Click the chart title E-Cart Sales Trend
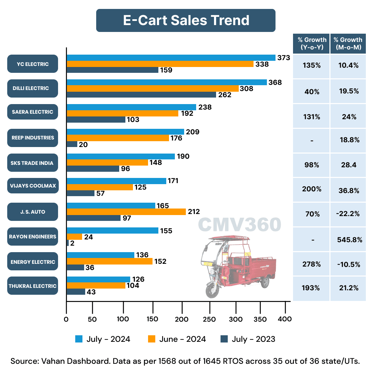[x=186, y=20]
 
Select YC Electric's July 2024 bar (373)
[x=171, y=58]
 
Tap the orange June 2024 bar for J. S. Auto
[x=126, y=212]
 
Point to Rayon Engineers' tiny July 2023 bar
[x=68, y=243]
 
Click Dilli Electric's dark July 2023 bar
[x=141, y=95]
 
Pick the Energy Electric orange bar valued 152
[x=109, y=261]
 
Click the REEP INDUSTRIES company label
[x=33, y=137]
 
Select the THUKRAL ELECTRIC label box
[x=33, y=286]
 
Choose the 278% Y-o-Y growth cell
[x=311, y=264]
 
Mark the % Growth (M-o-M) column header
[x=348, y=44]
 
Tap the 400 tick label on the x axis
[x=285, y=319]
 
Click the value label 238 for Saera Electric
[x=205, y=107]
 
